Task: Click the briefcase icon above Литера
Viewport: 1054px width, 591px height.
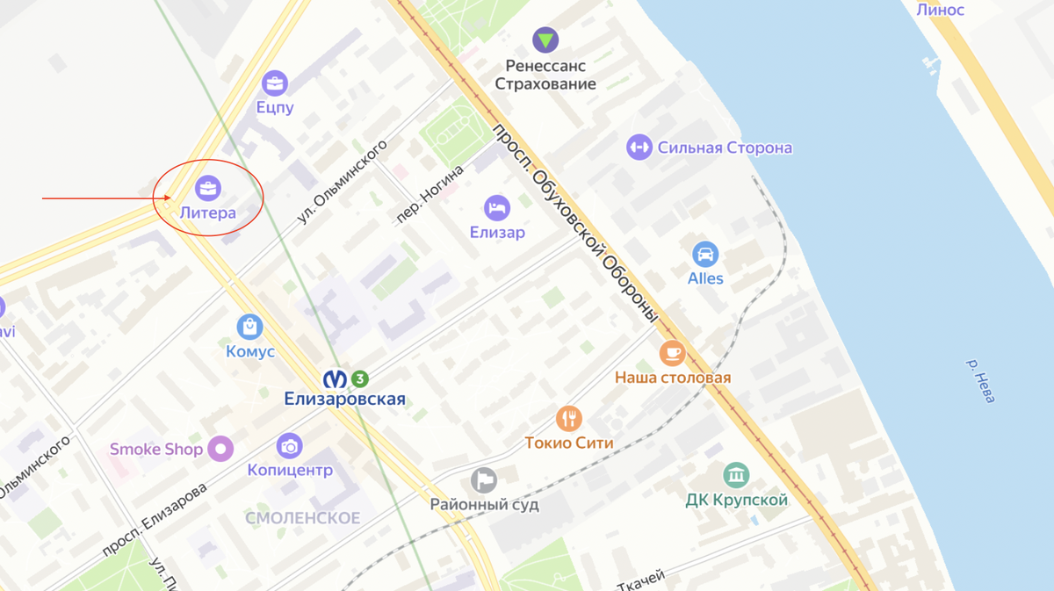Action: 208,188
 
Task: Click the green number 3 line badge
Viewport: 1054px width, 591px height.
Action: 359,378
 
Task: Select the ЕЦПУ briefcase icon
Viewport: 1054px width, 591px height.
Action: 275,83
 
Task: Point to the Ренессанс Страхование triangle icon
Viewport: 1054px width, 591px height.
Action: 545,40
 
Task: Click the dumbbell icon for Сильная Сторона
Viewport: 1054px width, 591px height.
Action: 639,147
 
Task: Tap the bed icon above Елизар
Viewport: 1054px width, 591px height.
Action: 497,208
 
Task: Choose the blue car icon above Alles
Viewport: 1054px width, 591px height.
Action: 705,255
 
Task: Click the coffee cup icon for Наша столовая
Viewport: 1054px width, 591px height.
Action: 672,353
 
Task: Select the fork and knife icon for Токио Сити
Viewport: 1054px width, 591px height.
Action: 569,418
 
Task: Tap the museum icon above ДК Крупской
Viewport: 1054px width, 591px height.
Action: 736,476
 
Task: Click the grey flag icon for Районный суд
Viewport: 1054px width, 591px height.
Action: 484,480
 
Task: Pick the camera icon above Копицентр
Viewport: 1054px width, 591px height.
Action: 289,446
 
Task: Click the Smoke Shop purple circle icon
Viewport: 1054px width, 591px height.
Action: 220,450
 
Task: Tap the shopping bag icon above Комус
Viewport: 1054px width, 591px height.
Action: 250,328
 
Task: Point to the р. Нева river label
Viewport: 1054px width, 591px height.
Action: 980,380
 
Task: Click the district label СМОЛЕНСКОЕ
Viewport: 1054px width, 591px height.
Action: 302,518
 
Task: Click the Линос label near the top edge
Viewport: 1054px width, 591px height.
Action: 940,10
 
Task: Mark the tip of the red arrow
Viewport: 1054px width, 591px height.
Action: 171,198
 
